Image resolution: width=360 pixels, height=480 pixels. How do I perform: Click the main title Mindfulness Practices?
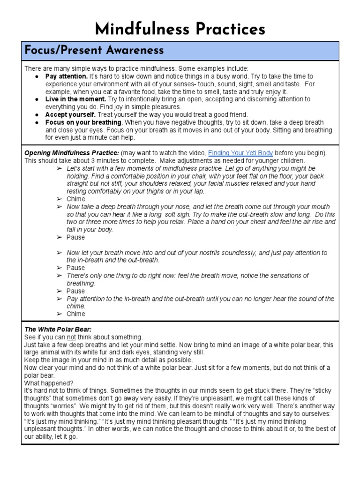point(180,29)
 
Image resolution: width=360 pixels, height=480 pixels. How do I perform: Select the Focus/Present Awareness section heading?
point(94,51)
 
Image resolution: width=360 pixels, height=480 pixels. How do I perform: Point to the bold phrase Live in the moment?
point(75,99)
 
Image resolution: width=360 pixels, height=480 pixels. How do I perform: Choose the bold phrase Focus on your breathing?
point(81,122)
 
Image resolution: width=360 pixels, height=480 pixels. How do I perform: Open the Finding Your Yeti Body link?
point(240,153)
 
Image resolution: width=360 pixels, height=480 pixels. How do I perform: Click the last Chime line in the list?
point(76,314)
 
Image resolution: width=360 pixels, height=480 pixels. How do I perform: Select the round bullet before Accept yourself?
point(37,115)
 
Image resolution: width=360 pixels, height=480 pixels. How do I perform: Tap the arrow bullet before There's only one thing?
point(59,276)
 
